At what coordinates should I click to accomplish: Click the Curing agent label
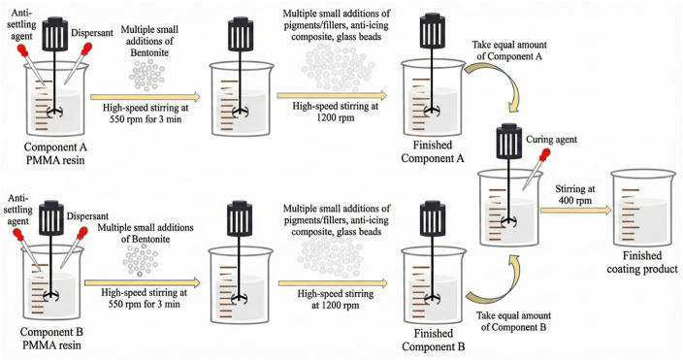tap(551, 140)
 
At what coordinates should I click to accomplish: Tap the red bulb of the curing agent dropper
tap(543, 155)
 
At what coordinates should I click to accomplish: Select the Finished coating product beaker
tap(643, 209)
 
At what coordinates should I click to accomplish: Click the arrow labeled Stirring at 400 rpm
tap(576, 211)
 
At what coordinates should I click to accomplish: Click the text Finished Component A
tap(433, 151)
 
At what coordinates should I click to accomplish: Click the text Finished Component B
tap(433, 340)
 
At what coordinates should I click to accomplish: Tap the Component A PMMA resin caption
tap(55, 153)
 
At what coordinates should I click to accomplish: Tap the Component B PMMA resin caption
tap(51, 339)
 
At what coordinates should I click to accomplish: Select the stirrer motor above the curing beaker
tap(508, 140)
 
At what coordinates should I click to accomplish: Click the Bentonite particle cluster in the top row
tap(147, 75)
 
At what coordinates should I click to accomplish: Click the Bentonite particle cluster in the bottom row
tap(141, 260)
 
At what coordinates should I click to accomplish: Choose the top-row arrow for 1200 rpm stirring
tap(332, 95)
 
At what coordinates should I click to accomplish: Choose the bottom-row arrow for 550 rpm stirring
tap(142, 283)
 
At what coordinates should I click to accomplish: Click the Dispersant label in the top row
tap(92, 33)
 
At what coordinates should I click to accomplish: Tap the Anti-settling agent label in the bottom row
tap(18, 210)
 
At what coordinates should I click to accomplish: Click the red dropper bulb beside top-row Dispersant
tap(86, 48)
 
